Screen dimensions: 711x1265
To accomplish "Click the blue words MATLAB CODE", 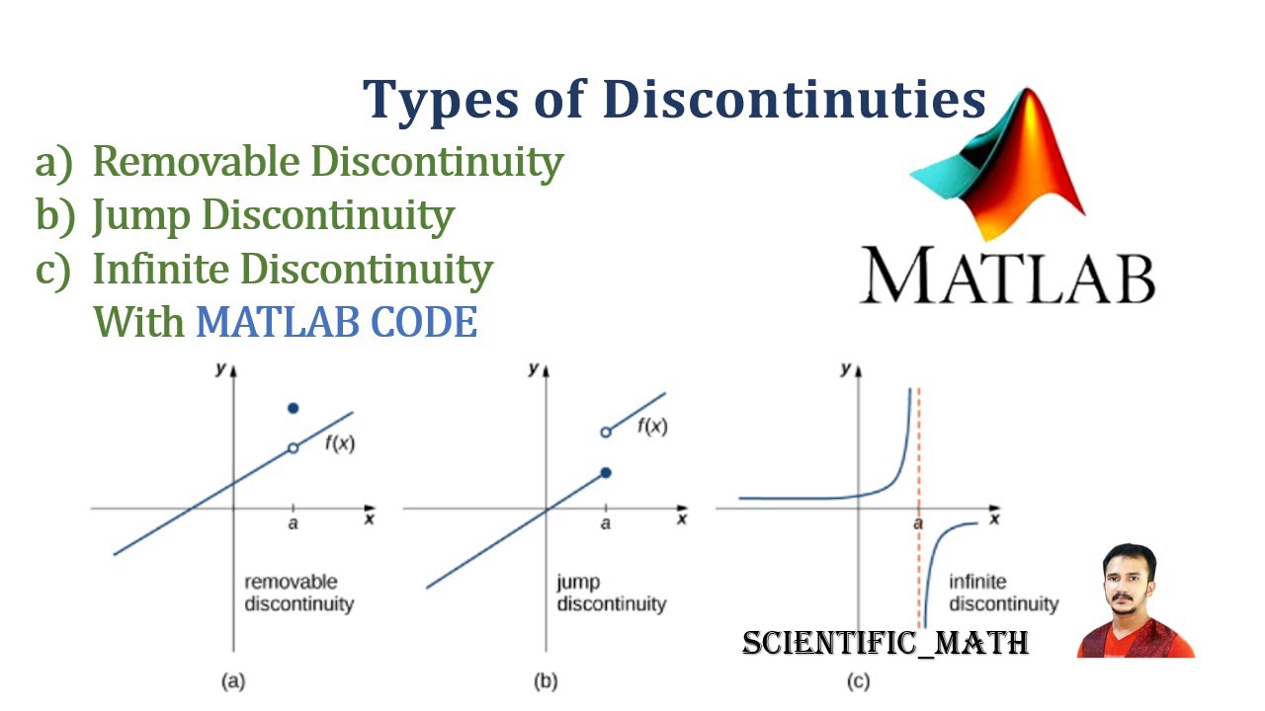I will point(337,322).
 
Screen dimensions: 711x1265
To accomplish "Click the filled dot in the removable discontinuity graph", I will point(293,408).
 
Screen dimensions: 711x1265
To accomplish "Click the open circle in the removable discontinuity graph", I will point(293,448).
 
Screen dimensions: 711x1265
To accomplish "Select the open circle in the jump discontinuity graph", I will point(606,432).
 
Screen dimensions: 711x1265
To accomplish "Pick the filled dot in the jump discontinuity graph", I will point(606,473).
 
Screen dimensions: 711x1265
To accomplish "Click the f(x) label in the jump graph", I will point(652,427).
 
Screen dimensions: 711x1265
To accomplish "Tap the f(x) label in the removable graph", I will point(339,443).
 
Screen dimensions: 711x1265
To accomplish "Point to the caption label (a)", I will point(233,680).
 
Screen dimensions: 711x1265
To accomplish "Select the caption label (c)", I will point(858,680).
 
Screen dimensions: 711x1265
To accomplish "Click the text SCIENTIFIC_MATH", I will point(885,644).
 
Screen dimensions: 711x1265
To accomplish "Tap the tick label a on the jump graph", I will point(606,522).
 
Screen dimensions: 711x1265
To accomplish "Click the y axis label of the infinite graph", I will point(845,369).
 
